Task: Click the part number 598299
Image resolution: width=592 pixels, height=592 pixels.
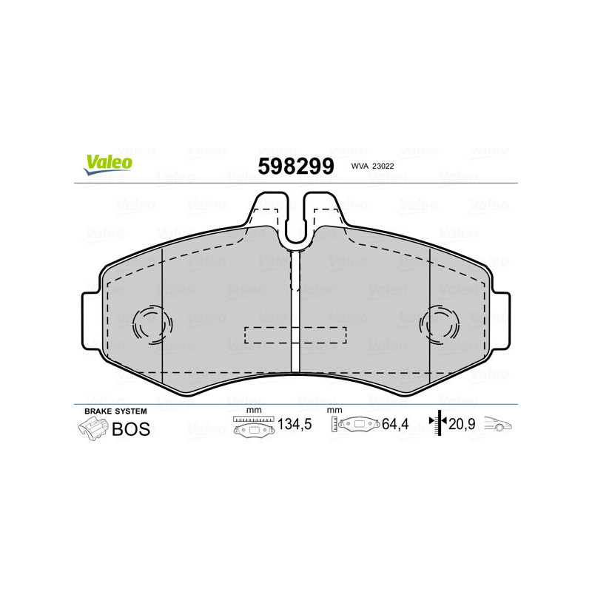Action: tap(295, 166)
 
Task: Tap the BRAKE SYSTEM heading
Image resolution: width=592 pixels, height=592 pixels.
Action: tap(115, 411)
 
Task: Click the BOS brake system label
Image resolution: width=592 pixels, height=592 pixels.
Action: tap(130, 428)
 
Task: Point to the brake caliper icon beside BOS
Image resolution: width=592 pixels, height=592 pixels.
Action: tap(92, 428)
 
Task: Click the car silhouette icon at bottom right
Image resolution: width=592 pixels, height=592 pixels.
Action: tap(499, 425)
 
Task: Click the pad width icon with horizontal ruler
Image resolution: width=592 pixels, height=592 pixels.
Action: tap(253, 427)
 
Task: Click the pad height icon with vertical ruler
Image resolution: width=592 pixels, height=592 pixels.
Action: tap(352, 427)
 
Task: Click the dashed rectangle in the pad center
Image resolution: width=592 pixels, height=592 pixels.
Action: tap(295, 335)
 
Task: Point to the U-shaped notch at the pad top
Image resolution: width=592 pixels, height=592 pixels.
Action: tap(295, 222)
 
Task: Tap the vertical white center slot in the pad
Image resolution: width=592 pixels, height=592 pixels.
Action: tap(295, 311)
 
